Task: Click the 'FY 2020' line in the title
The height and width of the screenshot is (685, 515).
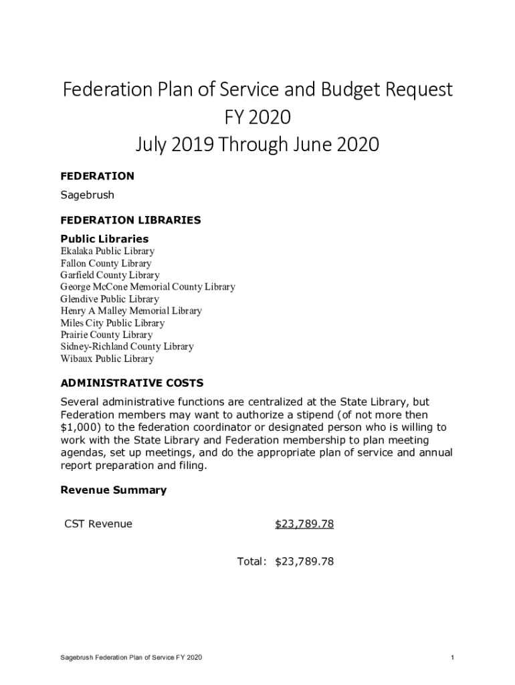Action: tap(257, 117)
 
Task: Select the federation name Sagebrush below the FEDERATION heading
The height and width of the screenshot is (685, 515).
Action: tap(87, 195)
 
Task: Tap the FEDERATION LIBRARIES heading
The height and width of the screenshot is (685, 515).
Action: tap(130, 220)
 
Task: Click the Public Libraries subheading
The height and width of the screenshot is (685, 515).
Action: tap(104, 239)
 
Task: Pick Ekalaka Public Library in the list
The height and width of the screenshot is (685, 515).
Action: tap(107, 252)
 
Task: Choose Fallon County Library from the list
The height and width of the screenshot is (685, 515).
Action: tap(106, 264)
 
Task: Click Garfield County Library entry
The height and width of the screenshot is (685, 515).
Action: tap(110, 275)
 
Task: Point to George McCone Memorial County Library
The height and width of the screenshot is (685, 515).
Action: tap(148, 287)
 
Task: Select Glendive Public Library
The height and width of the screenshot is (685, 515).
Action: tap(110, 299)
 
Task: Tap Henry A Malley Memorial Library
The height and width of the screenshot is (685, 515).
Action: tap(131, 311)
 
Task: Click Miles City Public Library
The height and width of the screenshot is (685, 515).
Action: tap(112, 323)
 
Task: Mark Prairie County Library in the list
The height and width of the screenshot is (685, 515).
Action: tap(106, 335)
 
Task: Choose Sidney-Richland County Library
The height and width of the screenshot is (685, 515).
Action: tap(127, 347)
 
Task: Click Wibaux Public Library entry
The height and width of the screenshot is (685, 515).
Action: tap(107, 359)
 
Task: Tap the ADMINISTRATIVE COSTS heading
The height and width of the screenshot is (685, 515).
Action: tap(132, 383)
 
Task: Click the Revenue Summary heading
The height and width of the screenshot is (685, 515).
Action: tap(113, 490)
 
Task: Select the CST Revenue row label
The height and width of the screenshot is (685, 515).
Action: tap(98, 524)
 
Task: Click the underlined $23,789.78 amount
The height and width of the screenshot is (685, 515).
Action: tap(304, 524)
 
